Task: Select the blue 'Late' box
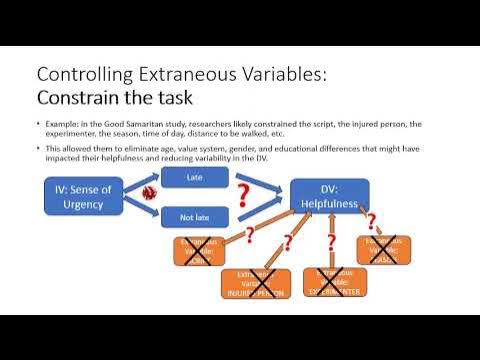(195, 177)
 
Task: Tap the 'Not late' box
(195, 215)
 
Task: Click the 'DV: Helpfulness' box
(329, 195)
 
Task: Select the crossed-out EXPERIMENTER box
(334, 281)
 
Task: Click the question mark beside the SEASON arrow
(371, 220)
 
